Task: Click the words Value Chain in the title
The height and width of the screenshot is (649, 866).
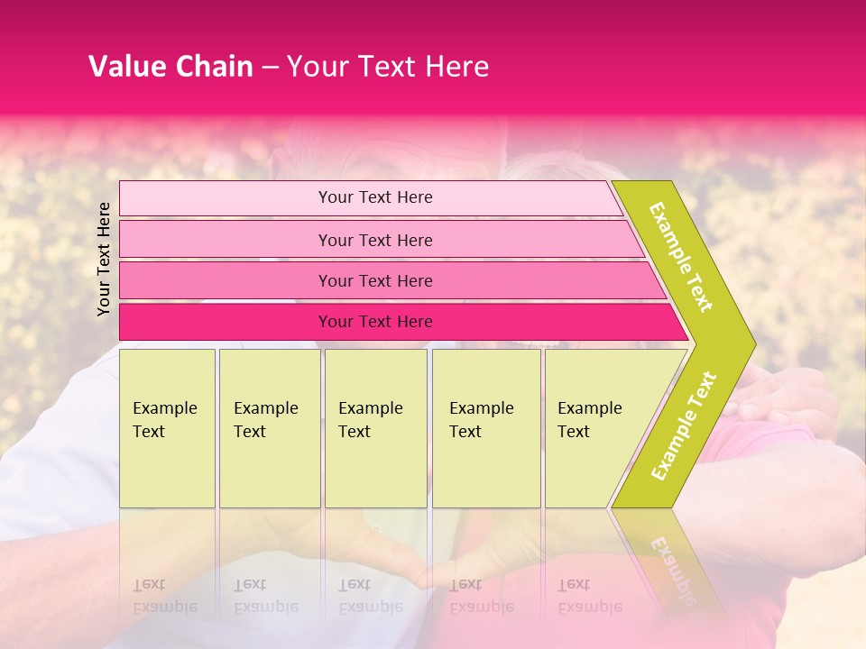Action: [x=170, y=67]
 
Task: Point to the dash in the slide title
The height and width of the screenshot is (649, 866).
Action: [x=270, y=68]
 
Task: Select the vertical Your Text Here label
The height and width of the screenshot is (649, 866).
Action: [x=104, y=259]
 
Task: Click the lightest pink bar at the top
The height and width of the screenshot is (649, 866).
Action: [x=375, y=197]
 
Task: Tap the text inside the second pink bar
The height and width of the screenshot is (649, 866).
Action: [x=375, y=240]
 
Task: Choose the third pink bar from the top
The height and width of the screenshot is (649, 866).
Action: [x=375, y=280]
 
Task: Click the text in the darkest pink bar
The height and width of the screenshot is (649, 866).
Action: [x=375, y=322]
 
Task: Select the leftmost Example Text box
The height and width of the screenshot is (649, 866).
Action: [x=167, y=427]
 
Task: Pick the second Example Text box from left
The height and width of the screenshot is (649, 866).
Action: [x=269, y=427]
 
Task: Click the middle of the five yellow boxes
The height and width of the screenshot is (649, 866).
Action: [x=375, y=427]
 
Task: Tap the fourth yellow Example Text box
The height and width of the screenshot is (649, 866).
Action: [x=485, y=427]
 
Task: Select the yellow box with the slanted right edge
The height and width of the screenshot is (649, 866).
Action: [x=595, y=427]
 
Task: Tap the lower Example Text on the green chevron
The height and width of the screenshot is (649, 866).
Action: [x=684, y=425]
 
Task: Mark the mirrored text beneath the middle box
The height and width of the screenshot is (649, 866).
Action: [x=370, y=595]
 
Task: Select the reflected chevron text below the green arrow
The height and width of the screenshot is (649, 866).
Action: [x=675, y=568]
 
